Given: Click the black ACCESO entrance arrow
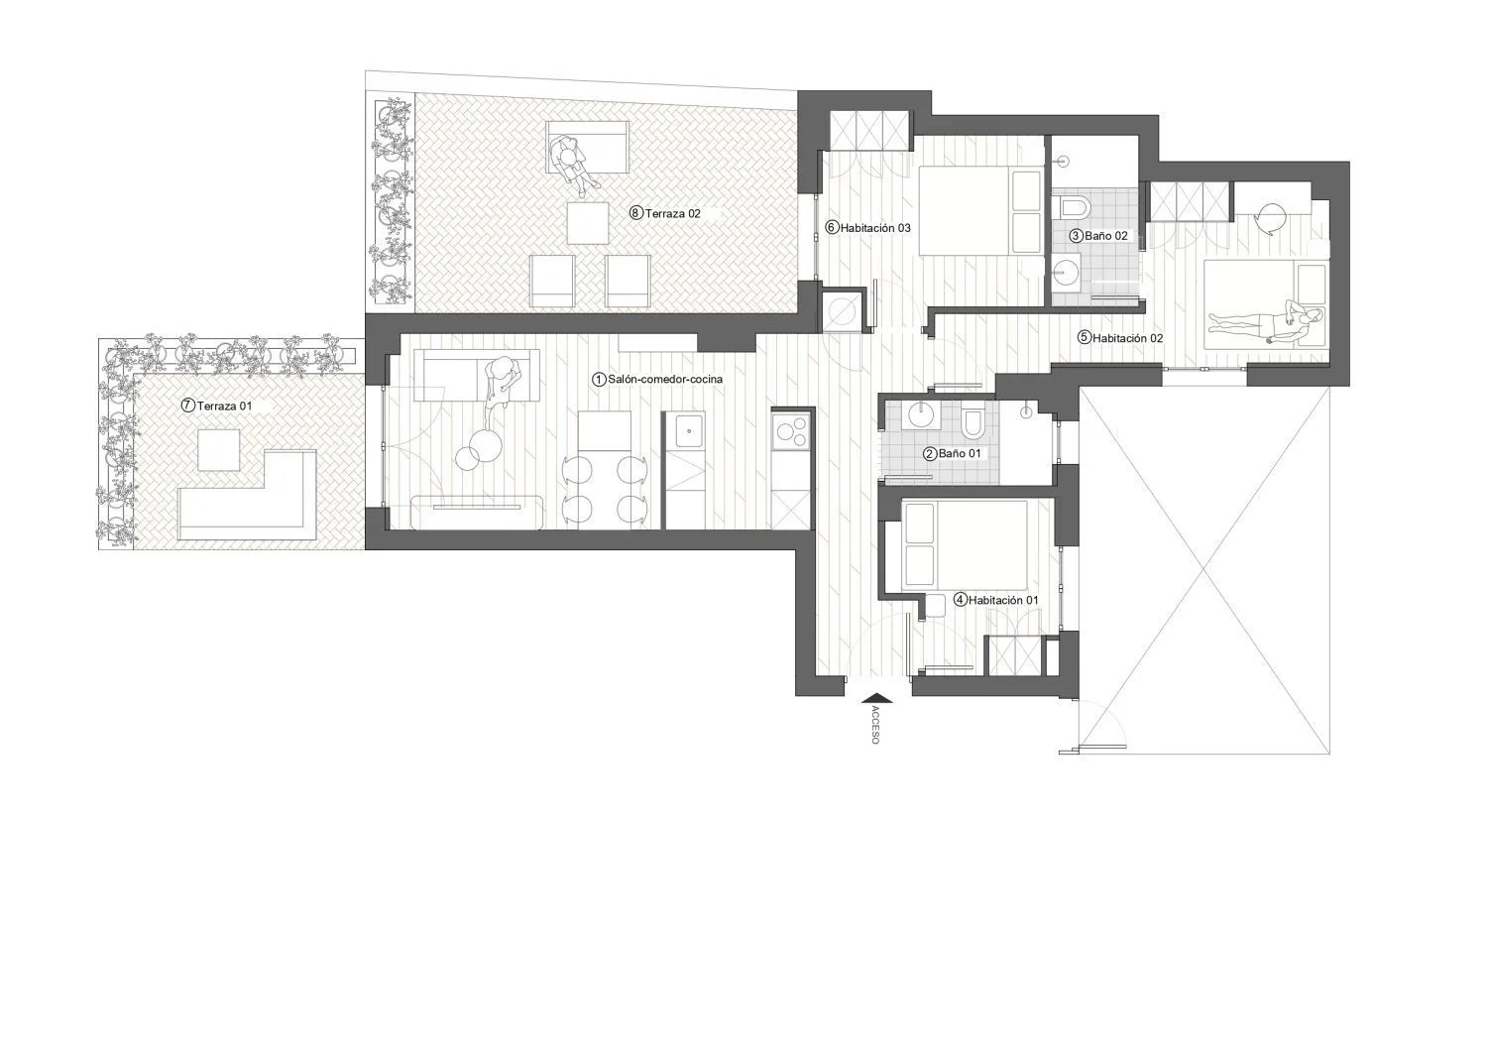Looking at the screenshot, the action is [x=877, y=697].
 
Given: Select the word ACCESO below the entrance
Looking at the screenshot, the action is [x=874, y=725].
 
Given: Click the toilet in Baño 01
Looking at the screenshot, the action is [x=972, y=423].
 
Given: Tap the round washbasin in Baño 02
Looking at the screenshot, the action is [x=1066, y=272].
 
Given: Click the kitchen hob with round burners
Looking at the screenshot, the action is [x=791, y=431].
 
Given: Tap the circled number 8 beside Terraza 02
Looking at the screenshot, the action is [x=636, y=213].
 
